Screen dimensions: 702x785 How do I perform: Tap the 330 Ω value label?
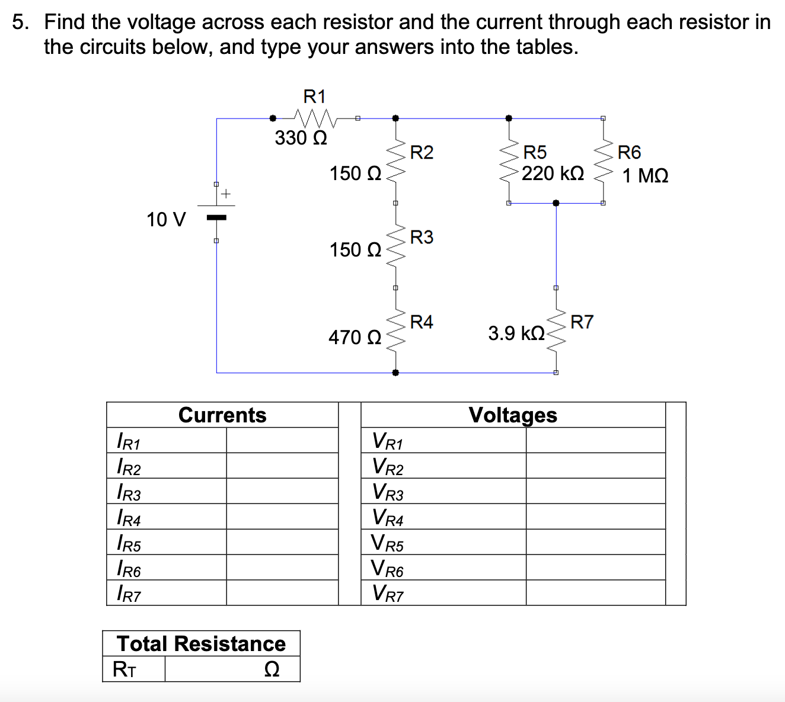pyautogui.click(x=301, y=138)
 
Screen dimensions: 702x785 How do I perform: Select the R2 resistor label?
pyautogui.click(x=422, y=153)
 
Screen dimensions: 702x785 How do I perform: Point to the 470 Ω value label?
pyautogui.click(x=355, y=338)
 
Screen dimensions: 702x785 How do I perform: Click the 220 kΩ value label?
pyautogui.click(x=553, y=174)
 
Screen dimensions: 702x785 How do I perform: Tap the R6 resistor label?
pyautogui.click(x=629, y=153)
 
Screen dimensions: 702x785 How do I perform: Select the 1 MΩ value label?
pyautogui.click(x=645, y=176)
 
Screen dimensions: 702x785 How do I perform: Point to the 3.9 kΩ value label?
pyautogui.click(x=516, y=334)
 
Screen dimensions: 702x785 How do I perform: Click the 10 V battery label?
pyautogui.click(x=166, y=220)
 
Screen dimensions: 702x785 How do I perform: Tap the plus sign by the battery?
pyautogui.click(x=226, y=194)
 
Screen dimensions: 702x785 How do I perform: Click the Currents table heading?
pyautogui.click(x=222, y=415)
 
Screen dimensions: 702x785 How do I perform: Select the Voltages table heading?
pyautogui.click(x=513, y=415)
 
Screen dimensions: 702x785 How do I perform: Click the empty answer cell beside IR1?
pyautogui.click(x=282, y=440)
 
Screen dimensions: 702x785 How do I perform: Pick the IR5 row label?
pyautogui.click(x=129, y=543)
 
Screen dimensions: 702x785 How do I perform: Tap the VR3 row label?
pyautogui.click(x=388, y=492)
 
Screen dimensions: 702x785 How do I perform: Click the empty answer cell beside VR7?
pyautogui.click(x=595, y=593)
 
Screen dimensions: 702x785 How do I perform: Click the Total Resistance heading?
pyautogui.click(x=201, y=644)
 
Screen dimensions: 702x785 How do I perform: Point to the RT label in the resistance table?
pyautogui.click(x=125, y=669)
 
